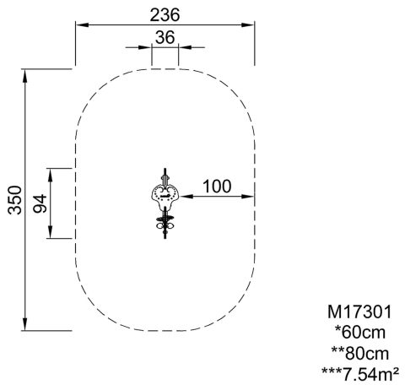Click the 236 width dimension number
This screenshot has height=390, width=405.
(x=165, y=15)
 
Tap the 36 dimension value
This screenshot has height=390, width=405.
(x=165, y=37)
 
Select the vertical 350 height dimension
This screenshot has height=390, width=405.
(x=15, y=200)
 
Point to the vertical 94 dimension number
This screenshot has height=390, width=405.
(x=40, y=203)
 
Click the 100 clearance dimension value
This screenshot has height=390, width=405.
(x=217, y=187)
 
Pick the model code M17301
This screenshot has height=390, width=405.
(x=359, y=312)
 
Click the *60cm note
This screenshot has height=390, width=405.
(x=360, y=333)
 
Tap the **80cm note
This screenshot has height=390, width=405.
(x=360, y=354)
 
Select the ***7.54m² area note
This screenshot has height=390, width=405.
(x=360, y=374)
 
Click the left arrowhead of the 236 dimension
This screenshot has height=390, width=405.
(x=82, y=24)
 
